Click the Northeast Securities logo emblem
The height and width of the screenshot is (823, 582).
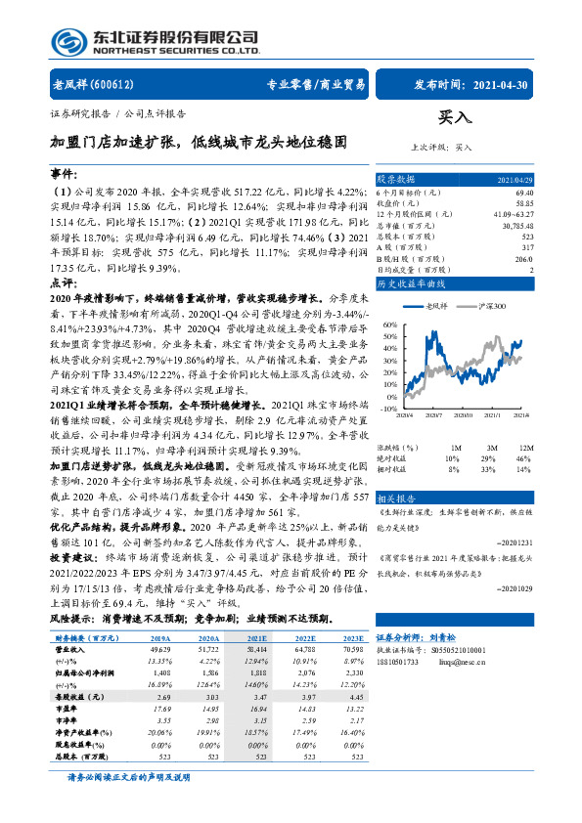(67, 40)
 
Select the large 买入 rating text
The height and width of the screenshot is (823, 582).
(454, 116)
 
